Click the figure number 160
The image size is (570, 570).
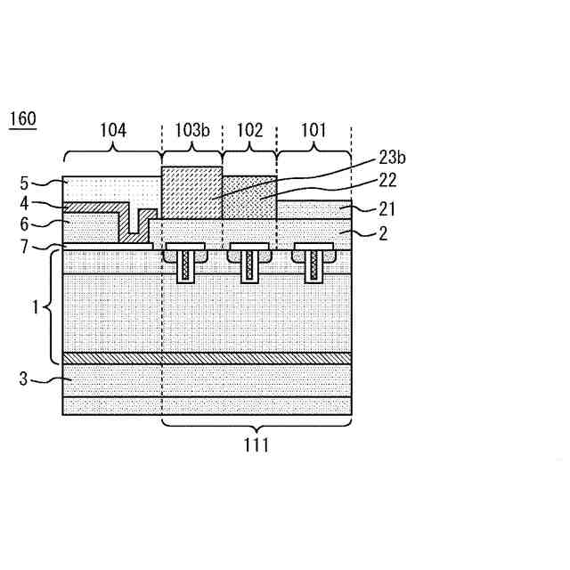point(22,119)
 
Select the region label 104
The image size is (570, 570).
point(112,131)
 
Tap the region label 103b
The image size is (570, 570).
point(191,131)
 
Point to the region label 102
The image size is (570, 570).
point(249,131)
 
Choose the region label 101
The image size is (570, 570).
point(313,131)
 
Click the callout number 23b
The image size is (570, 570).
point(392,158)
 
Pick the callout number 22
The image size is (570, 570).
point(387,181)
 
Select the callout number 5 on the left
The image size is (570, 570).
point(24,185)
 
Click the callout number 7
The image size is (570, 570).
point(24,246)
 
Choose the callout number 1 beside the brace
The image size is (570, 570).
point(36,307)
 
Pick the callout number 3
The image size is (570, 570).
point(24,379)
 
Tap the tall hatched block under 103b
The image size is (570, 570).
point(191,192)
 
